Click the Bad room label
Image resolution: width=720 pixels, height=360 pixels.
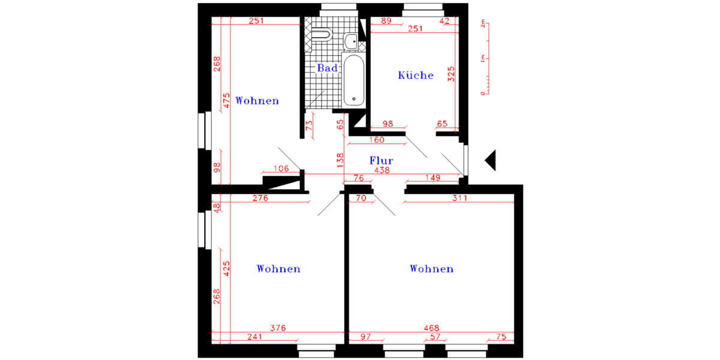coord(328,68)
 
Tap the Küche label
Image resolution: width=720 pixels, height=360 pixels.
coord(416,76)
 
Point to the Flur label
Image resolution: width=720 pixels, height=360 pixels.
coord(381,161)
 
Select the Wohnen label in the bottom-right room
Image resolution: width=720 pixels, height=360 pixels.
coord(431,269)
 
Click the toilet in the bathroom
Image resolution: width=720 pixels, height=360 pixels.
coord(322,34)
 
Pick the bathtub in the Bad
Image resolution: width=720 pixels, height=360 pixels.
coord(353,81)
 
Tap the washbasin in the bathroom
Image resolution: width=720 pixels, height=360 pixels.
coord(351,41)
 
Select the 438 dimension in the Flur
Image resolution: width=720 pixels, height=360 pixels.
coord(382,170)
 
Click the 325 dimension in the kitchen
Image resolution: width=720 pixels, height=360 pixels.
coord(452,74)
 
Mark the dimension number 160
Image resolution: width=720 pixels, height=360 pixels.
coord(376,140)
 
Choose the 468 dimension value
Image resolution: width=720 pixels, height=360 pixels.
coord(431,328)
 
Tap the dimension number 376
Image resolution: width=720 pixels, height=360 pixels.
coord(278,328)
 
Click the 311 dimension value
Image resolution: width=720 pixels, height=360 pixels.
coord(459,197)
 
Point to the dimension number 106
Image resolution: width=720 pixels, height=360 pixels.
coord(281,169)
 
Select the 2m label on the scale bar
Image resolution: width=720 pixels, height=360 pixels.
coord(482,25)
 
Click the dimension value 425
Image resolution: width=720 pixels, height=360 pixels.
coord(226,268)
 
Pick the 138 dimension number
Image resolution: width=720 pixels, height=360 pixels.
coord(340,160)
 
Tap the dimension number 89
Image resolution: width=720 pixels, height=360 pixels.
coord(386,21)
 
